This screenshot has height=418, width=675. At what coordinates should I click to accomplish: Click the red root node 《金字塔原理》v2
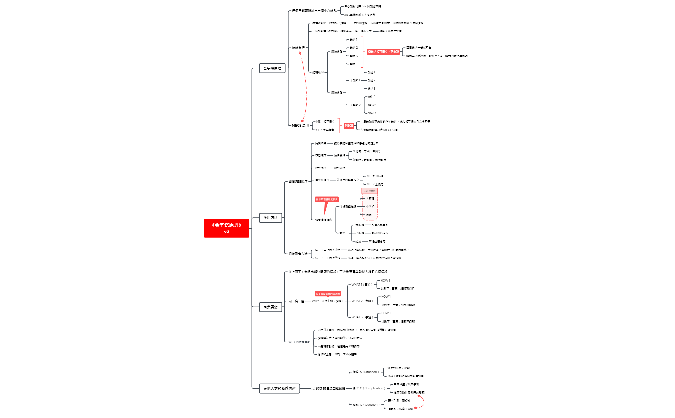tap(226, 228)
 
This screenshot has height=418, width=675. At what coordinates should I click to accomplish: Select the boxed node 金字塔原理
tap(272, 68)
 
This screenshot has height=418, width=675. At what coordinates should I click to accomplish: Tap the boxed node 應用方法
tap(270, 218)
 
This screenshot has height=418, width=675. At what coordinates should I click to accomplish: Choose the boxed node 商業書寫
tap(270, 307)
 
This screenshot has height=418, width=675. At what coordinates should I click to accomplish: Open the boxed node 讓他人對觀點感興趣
tap(279, 388)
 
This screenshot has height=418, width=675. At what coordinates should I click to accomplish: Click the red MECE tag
tap(349, 126)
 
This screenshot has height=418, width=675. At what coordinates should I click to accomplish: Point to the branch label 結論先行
tap(298, 48)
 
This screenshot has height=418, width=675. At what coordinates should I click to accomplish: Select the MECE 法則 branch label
tap(300, 125)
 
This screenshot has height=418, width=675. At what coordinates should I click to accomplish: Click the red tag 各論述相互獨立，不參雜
tap(383, 52)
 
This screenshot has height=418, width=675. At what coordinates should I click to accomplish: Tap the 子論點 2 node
tap(355, 105)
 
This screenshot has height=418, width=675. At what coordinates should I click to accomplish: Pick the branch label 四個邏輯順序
tap(298, 182)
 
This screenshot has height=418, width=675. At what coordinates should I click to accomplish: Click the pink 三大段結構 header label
tap(369, 191)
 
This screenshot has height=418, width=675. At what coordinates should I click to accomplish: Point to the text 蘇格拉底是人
tap(380, 233)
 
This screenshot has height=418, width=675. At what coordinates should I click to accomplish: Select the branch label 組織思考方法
tap(298, 254)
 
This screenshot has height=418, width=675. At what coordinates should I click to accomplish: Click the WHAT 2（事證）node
tap(362, 301)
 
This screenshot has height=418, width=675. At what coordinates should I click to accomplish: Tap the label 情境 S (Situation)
tap(366, 372)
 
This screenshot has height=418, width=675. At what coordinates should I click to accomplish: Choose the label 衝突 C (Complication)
tap(369, 388)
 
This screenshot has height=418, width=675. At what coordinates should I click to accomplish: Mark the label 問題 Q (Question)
tap(366, 405)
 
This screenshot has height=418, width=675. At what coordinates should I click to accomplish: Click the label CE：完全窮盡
tap(325, 130)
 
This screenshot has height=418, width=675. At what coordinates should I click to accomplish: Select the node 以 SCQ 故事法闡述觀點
tap(328, 388)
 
